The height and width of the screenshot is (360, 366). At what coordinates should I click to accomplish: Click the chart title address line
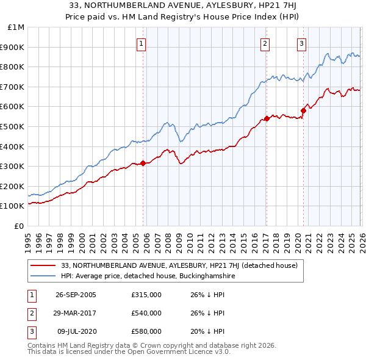pyautogui.click(x=182, y=7)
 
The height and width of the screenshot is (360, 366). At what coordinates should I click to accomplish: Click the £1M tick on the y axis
pyautogui.click(x=16, y=27)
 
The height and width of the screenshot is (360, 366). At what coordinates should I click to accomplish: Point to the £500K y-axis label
pyautogui.click(x=13, y=126)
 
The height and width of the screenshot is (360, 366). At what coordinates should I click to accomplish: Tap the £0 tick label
pyautogui.click(x=20, y=226)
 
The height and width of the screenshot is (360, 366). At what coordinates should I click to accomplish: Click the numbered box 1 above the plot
pyautogui.click(x=141, y=43)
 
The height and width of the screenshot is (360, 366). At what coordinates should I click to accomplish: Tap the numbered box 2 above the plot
pyautogui.click(x=265, y=43)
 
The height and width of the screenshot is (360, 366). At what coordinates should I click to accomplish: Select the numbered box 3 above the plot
pyautogui.click(x=301, y=43)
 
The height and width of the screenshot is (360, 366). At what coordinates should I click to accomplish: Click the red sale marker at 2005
pyautogui.click(x=143, y=163)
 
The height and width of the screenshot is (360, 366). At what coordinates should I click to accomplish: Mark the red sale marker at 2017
pyautogui.click(x=267, y=119)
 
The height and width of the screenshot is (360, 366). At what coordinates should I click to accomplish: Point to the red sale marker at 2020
pyautogui.click(x=303, y=110)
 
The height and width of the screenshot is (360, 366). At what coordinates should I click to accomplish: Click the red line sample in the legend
pyautogui.click(x=43, y=265)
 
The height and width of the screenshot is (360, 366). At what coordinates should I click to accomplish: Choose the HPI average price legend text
pyautogui.click(x=148, y=276)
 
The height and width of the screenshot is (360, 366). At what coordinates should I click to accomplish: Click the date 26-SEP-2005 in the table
pyautogui.click(x=76, y=295)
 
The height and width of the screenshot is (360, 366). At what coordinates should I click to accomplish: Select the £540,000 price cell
pyautogui.click(x=146, y=313)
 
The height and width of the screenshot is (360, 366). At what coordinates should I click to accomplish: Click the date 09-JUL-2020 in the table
pyautogui.click(x=76, y=331)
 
